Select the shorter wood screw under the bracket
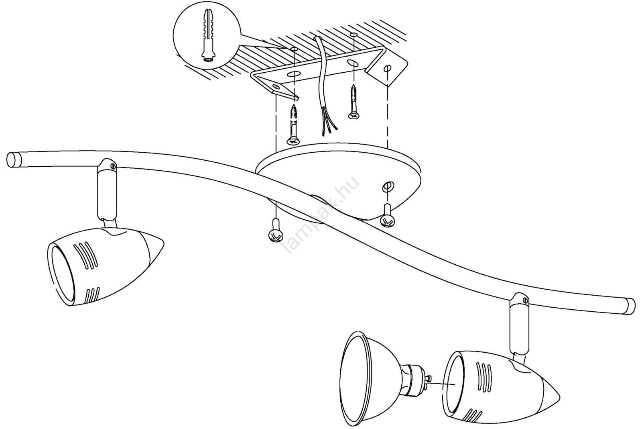pyautogui.click(x=354, y=102)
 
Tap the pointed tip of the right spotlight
pyautogui.click(x=558, y=399)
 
